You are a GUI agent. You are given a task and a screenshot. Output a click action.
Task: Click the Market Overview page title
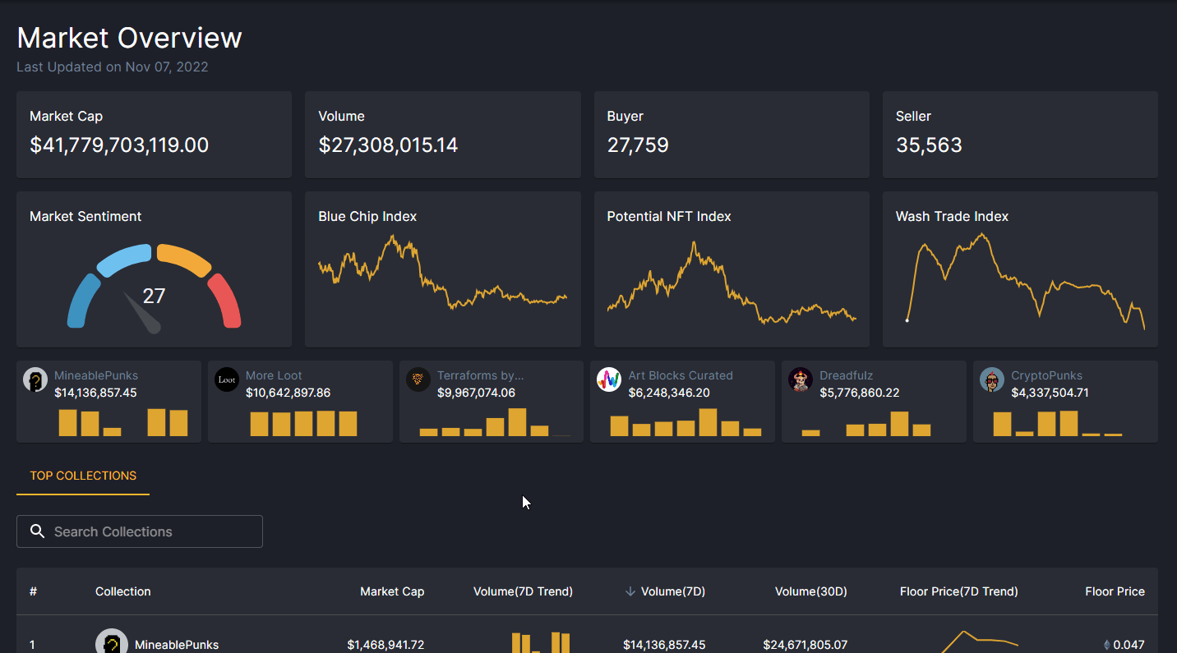coord(129,38)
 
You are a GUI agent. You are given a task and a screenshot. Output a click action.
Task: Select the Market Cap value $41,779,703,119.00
coord(119,145)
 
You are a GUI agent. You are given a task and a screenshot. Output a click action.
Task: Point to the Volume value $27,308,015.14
coord(388,145)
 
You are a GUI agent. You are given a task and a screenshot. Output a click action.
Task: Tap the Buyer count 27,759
coord(638,145)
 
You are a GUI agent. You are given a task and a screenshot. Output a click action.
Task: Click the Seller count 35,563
coord(929,145)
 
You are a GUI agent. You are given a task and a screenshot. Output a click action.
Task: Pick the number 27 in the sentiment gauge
coord(154,296)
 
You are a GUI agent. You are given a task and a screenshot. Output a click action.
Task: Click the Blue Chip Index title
coord(367,216)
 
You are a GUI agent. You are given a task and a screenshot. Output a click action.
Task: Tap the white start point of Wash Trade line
coord(907,320)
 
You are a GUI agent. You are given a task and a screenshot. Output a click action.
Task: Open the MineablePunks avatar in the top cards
coord(35,379)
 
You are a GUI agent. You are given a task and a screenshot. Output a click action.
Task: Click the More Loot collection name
coord(274,375)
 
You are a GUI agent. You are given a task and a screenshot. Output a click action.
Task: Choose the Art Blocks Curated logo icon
coord(609,379)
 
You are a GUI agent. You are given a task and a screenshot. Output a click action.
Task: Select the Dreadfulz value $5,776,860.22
coord(859,393)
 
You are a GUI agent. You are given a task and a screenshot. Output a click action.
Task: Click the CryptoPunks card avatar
coord(992,379)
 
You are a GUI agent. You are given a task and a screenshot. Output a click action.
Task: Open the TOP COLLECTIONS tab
coord(83,476)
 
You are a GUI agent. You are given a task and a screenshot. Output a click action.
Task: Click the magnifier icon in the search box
coord(37,531)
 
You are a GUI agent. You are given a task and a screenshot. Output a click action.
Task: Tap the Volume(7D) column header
coord(672,591)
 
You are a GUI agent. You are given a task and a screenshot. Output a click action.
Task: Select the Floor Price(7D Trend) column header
coord(958,591)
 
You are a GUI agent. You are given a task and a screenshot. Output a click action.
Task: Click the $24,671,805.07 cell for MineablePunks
coord(805,645)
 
